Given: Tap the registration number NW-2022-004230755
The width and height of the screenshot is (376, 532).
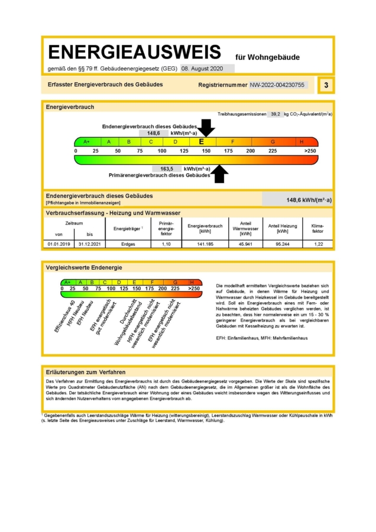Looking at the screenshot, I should tap(277, 85).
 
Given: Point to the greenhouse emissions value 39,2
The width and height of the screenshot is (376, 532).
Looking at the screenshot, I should tap(275, 114).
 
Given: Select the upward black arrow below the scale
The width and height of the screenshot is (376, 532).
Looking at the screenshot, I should tap(220, 173).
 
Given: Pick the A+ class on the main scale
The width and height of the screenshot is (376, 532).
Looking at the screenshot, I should tap(86, 142).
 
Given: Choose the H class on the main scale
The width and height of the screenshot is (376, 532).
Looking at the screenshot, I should tap(301, 142).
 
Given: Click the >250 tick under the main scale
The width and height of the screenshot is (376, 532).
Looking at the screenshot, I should tap(310, 151).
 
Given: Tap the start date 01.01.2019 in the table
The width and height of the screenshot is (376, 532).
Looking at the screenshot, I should tap(59, 244).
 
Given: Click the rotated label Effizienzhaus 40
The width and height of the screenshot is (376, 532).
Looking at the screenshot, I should tap(64, 316).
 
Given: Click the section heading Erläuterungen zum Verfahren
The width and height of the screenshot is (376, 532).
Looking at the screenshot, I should tap(85, 372).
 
